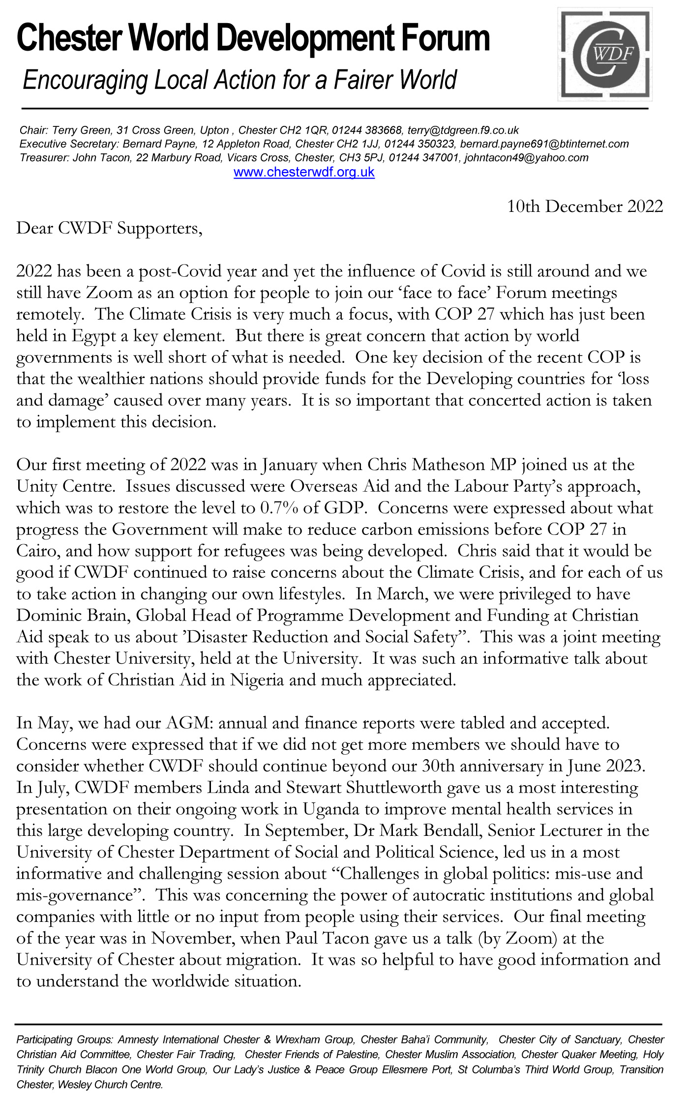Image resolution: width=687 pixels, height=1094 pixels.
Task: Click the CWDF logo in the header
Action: coord(605,55)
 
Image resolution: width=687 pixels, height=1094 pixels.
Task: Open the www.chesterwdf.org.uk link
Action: coord(304,172)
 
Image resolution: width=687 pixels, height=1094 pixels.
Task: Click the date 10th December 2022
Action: coord(585,206)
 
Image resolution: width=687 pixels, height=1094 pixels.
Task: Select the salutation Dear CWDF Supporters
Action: coord(109,228)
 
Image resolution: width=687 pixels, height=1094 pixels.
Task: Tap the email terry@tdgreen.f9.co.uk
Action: coord(463,130)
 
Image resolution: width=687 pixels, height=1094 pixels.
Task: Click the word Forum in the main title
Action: coord(445,38)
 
